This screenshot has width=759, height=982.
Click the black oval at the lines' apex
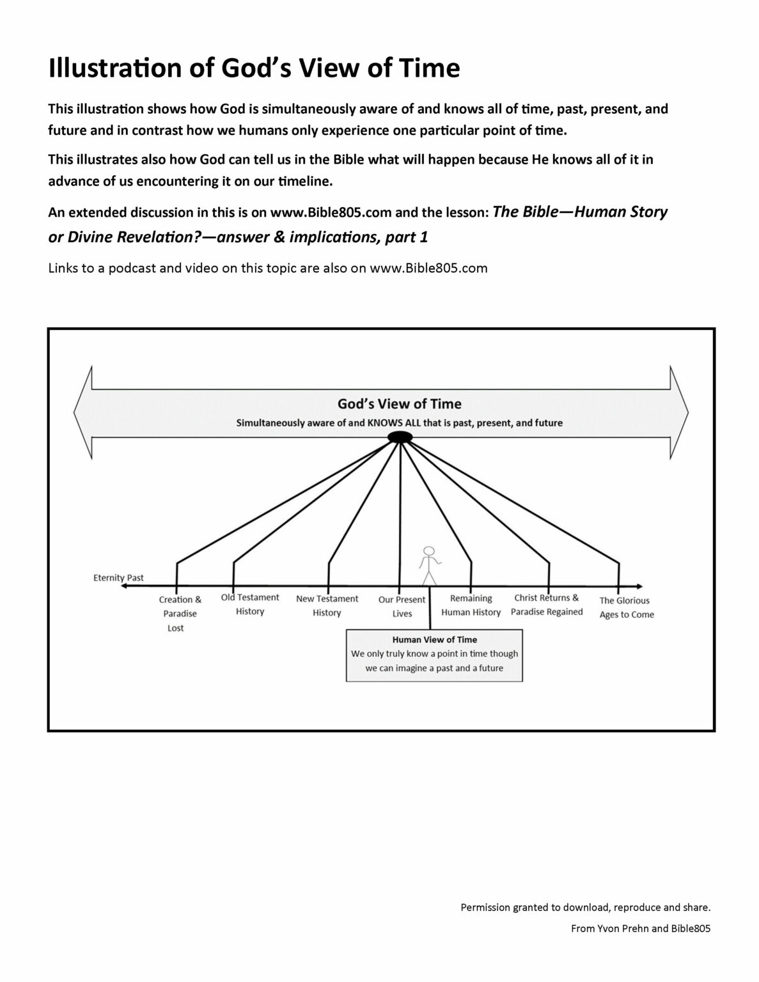400,437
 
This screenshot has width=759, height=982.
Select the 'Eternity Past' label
118,578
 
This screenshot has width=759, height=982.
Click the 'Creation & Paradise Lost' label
180,614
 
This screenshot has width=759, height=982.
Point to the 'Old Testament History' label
250,604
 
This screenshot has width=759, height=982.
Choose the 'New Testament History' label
327,605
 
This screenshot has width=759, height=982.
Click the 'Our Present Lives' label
402,607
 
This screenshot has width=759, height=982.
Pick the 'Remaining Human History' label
471,605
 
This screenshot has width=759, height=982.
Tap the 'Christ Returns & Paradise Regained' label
547,605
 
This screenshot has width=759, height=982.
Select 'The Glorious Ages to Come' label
626,607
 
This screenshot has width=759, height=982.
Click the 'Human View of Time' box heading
434,639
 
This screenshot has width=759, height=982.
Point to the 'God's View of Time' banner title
399,404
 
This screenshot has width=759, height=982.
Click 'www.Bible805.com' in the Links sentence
428,268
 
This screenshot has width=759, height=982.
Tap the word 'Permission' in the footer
485,907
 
